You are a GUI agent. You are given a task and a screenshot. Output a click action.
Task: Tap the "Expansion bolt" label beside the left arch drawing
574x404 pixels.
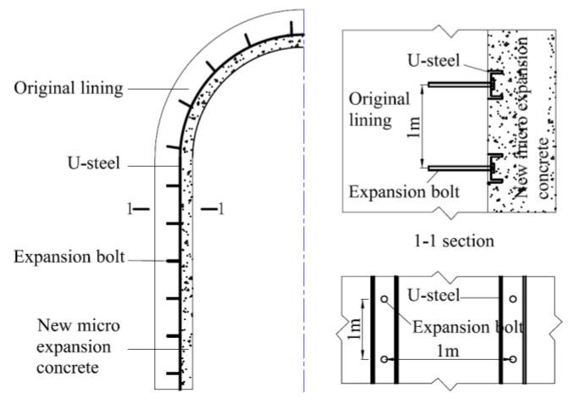point(69,256)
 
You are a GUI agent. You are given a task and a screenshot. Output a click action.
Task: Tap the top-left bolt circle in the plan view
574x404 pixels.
point(385,299)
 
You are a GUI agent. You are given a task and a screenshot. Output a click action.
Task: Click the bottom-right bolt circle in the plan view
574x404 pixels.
point(513,359)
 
